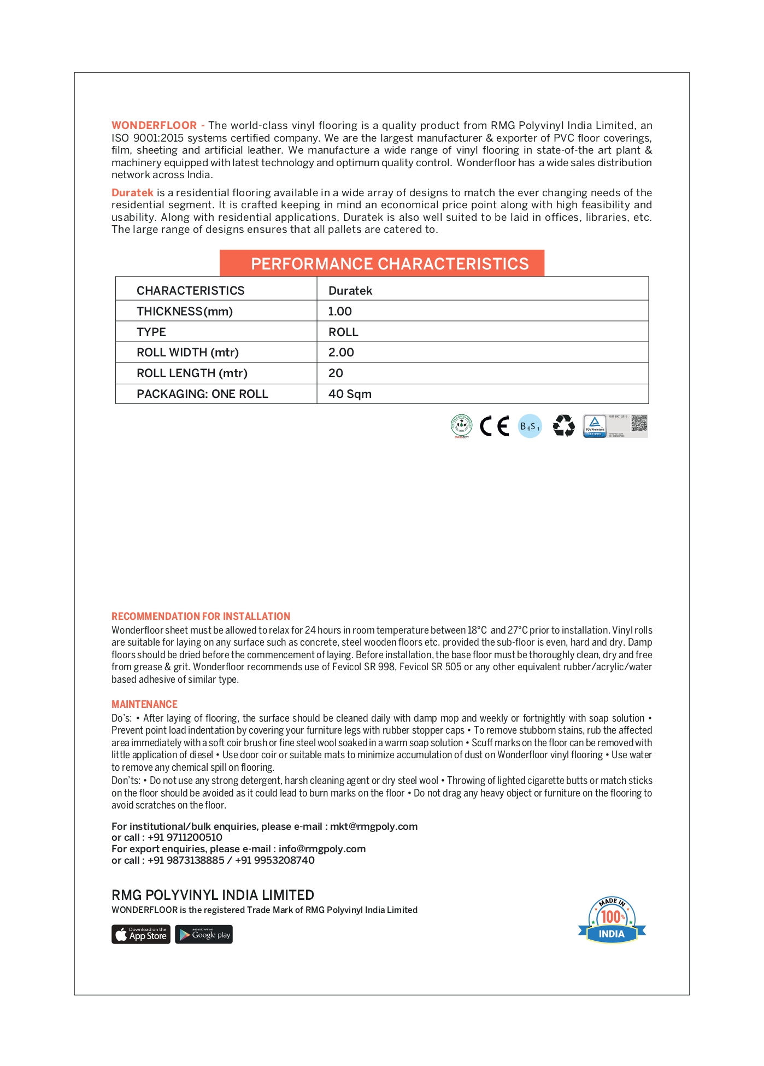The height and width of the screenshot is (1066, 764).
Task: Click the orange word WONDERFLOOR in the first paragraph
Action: [x=154, y=126]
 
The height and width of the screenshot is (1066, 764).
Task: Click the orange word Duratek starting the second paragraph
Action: [x=132, y=193]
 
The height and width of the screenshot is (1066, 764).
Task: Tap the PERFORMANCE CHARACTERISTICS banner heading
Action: [x=389, y=264]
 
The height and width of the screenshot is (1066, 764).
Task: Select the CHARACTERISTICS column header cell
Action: [x=190, y=291]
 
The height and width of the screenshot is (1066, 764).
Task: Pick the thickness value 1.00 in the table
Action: [x=340, y=312]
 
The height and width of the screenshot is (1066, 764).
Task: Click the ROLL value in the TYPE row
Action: [x=343, y=332]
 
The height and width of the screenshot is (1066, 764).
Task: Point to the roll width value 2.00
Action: [x=341, y=353]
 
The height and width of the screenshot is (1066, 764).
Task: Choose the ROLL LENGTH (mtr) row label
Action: [x=192, y=373]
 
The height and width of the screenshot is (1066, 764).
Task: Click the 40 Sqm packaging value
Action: [x=350, y=394]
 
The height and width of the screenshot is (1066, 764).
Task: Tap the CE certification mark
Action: [x=494, y=426]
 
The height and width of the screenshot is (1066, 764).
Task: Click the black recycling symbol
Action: [x=563, y=426]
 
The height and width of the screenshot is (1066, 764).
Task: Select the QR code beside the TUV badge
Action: [x=639, y=423]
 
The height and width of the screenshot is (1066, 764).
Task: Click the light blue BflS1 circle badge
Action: [x=530, y=426]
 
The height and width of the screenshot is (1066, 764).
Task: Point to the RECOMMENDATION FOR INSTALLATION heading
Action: [x=201, y=617]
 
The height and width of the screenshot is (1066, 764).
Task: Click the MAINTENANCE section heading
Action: [x=144, y=705]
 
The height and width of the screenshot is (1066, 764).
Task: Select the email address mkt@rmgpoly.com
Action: [x=374, y=827]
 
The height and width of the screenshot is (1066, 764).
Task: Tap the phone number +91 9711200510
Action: [x=185, y=837]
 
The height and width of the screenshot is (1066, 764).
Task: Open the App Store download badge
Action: [x=141, y=934]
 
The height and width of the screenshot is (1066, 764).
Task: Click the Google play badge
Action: [x=204, y=934]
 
